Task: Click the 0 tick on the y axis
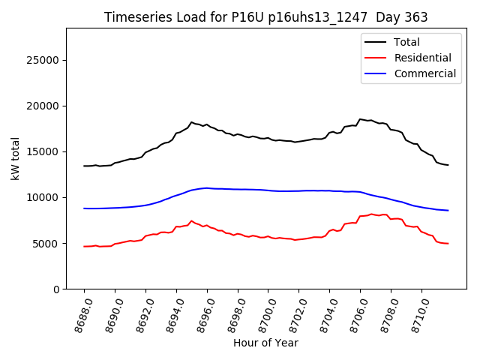pos(56,289)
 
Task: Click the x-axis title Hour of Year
pos(265,343)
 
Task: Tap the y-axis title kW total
pos(15,158)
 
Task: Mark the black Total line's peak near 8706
pos(360,119)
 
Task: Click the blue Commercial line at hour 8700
pos(268,190)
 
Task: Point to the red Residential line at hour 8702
pos(298,239)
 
